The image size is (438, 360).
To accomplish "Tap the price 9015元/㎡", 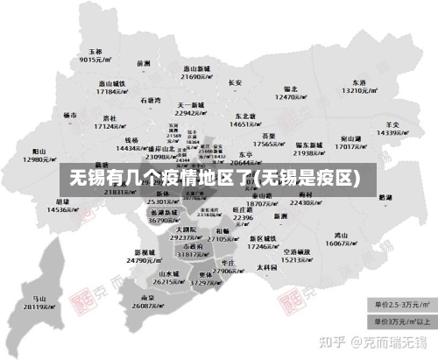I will click(94, 60).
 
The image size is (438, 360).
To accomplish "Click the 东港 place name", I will click(359, 82).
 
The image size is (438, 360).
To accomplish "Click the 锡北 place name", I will click(291, 88).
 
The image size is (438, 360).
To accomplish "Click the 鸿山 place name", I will click(342, 235).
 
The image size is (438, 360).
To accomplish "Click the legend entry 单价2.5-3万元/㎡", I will click(403, 305).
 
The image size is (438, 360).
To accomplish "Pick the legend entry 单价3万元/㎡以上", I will click(403, 321).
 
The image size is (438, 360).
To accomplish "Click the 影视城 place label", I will click(145, 251).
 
